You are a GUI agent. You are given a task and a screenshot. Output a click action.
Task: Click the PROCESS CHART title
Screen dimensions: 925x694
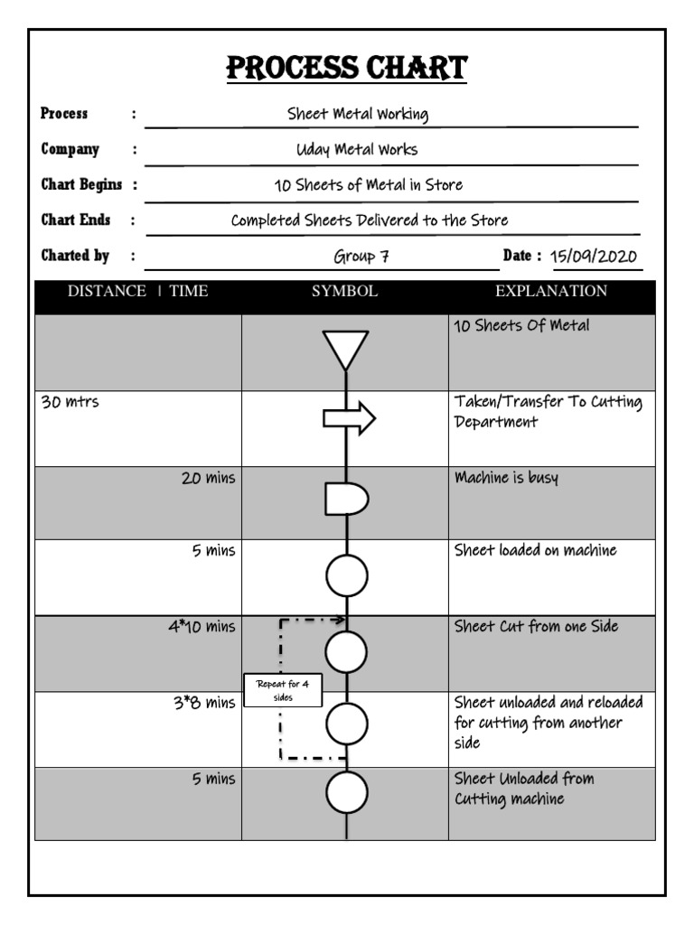tap(347, 68)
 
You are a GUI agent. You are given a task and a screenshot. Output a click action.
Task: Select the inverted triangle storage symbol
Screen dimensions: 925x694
tap(346, 349)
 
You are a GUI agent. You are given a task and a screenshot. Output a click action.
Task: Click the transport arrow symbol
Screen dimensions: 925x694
tap(349, 418)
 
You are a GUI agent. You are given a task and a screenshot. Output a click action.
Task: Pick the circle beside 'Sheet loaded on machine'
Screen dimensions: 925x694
tap(347, 576)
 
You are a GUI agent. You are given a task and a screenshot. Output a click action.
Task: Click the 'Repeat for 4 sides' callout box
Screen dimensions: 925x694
tap(283, 691)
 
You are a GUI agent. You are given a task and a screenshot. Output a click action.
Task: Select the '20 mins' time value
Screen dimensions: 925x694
tap(208, 479)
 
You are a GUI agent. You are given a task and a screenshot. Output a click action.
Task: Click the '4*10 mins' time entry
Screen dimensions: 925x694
tap(201, 627)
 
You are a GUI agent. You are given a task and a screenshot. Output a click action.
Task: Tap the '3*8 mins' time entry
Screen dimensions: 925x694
tap(204, 704)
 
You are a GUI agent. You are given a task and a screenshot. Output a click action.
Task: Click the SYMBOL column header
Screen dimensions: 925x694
tap(344, 291)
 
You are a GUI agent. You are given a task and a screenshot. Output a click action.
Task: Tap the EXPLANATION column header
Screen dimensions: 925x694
tap(551, 291)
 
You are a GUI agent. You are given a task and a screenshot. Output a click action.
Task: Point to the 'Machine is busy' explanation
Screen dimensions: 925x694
tap(506, 478)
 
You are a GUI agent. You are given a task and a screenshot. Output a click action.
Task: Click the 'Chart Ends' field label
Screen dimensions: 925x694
tap(76, 220)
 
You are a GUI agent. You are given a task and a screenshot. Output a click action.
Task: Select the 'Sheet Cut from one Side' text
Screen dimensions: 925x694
tap(536, 626)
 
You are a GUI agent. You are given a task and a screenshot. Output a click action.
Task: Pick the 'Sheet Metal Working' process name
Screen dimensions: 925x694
tap(357, 114)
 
